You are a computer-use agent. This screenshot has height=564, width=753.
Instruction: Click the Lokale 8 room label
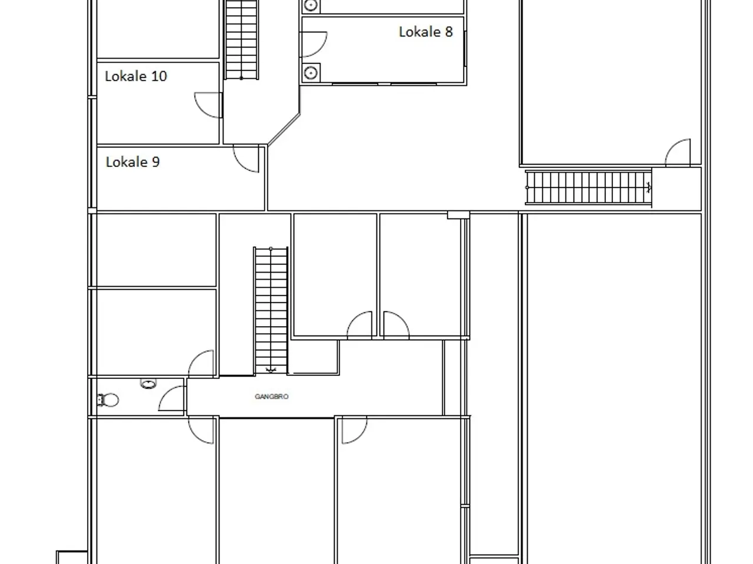tap(426, 32)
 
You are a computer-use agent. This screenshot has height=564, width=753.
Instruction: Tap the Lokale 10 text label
tap(136, 76)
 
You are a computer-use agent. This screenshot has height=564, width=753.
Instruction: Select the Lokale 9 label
tap(132, 162)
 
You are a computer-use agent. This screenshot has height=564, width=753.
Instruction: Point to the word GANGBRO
tap(271, 397)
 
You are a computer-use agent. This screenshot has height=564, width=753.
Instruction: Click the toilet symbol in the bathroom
tap(108, 400)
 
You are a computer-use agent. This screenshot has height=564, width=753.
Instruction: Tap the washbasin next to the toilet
tap(148, 384)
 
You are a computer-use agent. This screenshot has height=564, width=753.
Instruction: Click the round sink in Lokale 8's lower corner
tap(311, 73)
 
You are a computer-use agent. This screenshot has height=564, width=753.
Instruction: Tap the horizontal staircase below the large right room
tap(588, 187)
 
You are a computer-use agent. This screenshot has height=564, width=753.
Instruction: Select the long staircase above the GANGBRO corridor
tap(271, 310)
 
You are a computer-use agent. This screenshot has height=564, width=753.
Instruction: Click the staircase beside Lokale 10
tap(241, 39)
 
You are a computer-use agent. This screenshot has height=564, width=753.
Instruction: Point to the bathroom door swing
tap(171, 398)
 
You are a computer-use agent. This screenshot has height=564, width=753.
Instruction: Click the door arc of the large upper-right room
tap(678, 152)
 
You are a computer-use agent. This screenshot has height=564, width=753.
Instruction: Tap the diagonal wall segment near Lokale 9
tap(284, 129)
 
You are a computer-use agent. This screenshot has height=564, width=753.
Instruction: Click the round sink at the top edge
tap(311, 5)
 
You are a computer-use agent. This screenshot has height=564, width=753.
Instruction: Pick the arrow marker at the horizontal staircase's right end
tap(648, 187)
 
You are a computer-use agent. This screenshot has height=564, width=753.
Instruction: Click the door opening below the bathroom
tap(201, 430)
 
